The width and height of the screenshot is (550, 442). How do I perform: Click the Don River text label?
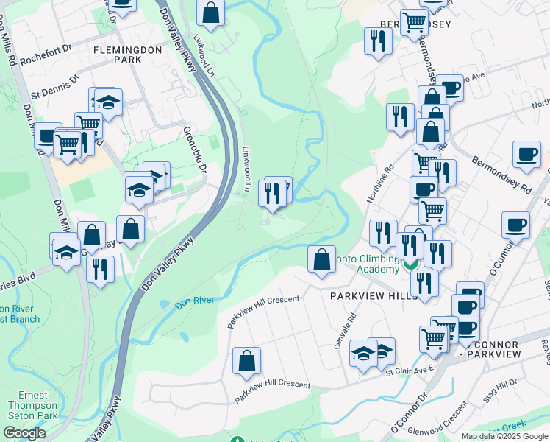pyautogui.click(x=195, y=301)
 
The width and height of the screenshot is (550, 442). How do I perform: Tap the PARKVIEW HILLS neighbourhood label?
pyautogui.click(x=362, y=295)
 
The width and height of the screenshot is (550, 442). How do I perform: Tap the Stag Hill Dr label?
pyautogui.click(x=506, y=387)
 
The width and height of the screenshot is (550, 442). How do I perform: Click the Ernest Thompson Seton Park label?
pyautogui.click(x=33, y=406)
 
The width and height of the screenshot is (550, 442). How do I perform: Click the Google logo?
pyautogui.click(x=24, y=433)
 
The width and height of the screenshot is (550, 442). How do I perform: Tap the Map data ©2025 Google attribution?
pyautogui.click(x=505, y=436)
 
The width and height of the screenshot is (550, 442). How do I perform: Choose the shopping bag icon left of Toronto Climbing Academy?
pyautogui.click(x=321, y=259)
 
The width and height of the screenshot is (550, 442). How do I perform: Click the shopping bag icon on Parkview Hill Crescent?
pyautogui.click(x=246, y=360)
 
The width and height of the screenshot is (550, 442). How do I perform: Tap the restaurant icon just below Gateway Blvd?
pyautogui.click(x=100, y=268)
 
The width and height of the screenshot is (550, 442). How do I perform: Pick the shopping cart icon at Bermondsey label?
pyautogui.click(x=414, y=22)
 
